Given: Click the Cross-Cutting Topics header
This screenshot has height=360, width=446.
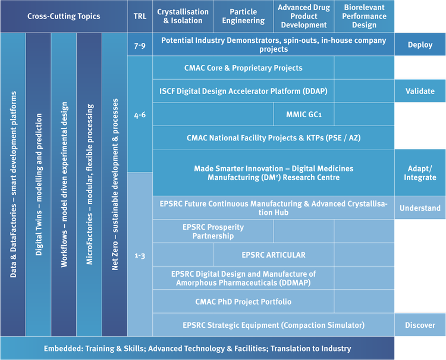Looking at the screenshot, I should (63, 16).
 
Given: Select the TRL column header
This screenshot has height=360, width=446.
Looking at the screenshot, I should (140, 16).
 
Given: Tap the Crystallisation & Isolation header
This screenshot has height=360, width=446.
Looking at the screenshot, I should (183, 16).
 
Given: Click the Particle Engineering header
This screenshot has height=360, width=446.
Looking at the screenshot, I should (243, 16).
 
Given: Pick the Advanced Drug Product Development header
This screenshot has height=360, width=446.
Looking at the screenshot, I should (303, 16).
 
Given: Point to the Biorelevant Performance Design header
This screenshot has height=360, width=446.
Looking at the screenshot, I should (364, 16).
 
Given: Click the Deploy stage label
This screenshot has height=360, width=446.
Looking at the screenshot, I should (420, 45).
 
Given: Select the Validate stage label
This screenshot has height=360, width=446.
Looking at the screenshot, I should (420, 91).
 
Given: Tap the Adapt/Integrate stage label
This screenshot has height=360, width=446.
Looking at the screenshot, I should (420, 173).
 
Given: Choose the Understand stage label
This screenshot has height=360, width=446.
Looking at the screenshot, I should (420, 208).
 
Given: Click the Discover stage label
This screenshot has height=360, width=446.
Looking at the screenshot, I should (420, 325).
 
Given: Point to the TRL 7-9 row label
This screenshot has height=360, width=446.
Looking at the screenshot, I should (140, 45).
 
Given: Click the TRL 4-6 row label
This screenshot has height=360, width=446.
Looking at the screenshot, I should (140, 114).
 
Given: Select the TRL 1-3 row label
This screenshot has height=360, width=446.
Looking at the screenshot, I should (140, 255).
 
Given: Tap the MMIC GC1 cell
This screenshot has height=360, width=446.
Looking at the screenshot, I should (303, 114).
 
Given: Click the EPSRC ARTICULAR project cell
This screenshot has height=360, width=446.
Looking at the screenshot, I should (273, 255).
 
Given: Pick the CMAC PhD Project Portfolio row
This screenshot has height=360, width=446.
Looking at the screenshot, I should (243, 302).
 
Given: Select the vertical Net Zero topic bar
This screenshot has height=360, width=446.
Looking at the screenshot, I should (114, 184).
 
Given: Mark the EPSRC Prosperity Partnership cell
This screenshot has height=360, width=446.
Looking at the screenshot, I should (213, 231).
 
